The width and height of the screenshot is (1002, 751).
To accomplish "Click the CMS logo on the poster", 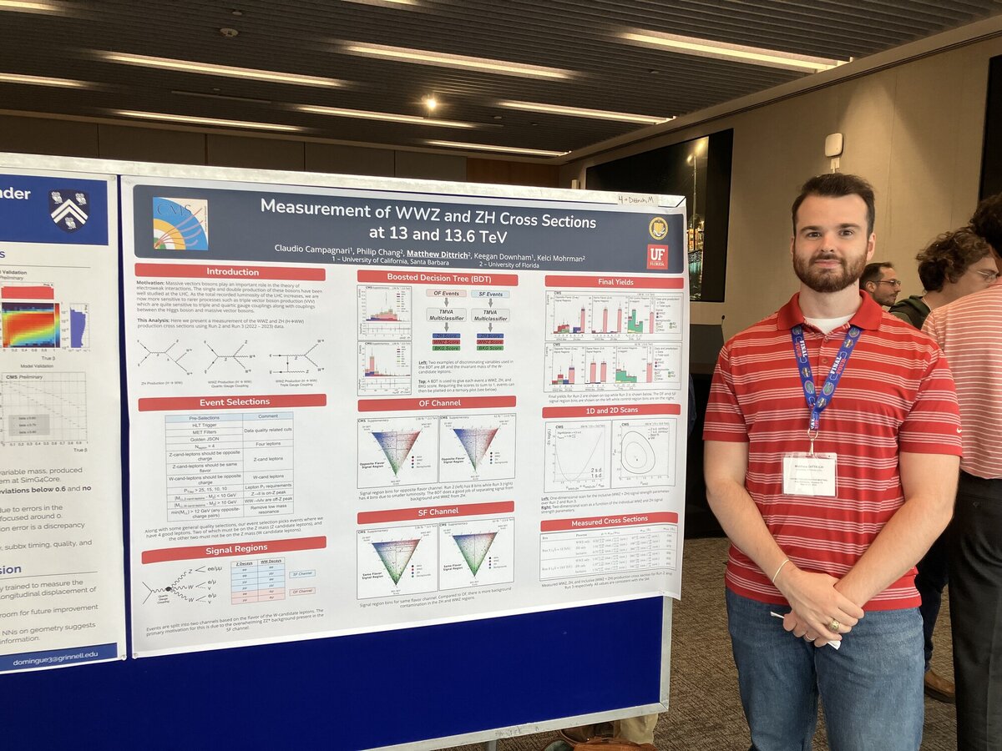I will pos(180,224).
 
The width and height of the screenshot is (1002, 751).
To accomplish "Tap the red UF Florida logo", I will pos(657,256).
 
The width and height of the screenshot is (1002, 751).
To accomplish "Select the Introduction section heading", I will pos(230,272).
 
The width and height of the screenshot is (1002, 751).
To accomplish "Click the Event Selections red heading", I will pos(232,402).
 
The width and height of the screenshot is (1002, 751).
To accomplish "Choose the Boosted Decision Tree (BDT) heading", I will pos(437,277).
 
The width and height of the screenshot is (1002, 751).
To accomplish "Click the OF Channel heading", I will pos(437,403).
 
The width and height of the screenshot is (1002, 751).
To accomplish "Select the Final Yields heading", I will pos(614,281).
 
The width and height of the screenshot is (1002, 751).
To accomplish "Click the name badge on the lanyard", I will pos(809,474).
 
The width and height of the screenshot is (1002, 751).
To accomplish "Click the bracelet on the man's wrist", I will pos(780,571).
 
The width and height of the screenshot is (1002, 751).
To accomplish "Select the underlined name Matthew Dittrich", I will pos(437,249).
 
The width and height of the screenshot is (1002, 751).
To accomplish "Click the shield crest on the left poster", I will pos(69,209).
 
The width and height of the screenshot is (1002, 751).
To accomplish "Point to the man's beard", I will pos(829,274).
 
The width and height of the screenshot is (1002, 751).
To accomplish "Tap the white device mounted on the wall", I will pos(833,145).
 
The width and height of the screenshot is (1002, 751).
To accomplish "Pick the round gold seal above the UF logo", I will pos(658,227).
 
